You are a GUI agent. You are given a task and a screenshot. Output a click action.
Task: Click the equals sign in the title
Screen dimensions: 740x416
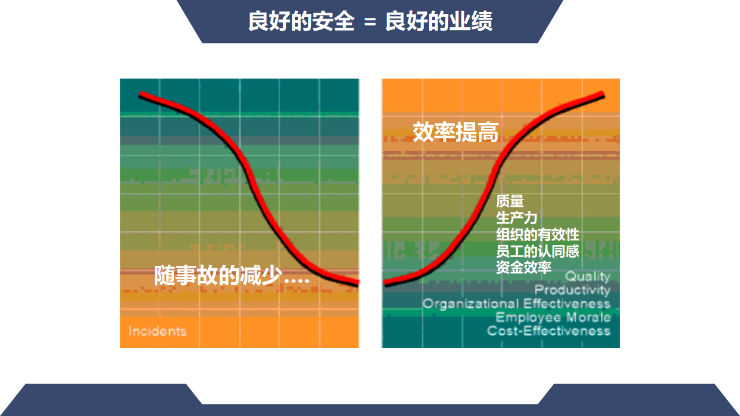(x=370, y=22)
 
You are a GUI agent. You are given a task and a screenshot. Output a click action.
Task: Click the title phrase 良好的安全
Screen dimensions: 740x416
(x=301, y=21)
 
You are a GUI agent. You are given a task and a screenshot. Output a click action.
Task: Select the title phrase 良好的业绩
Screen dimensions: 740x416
(x=439, y=21)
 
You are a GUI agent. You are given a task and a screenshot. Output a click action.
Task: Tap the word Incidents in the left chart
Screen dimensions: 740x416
(x=158, y=331)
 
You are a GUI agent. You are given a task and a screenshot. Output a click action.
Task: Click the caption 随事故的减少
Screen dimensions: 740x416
(x=219, y=276)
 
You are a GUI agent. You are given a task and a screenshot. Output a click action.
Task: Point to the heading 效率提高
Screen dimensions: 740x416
(x=456, y=132)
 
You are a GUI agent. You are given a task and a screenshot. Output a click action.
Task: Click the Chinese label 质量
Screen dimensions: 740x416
(x=510, y=201)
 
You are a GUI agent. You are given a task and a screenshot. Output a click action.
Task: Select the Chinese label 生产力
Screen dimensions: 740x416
(x=517, y=218)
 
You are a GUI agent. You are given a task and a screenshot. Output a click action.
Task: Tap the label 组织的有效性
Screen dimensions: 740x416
(x=538, y=235)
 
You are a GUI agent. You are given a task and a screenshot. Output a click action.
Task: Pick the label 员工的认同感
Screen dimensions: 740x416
(x=538, y=251)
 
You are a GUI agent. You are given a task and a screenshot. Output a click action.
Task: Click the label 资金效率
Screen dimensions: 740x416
(x=524, y=268)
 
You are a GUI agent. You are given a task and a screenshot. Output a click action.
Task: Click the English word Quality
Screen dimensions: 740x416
(x=588, y=277)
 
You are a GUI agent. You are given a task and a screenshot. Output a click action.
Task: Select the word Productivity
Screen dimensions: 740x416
(x=572, y=290)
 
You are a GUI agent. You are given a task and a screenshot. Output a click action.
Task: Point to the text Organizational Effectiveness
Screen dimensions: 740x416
(x=516, y=303)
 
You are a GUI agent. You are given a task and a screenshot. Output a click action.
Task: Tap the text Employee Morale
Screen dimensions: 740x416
(x=553, y=317)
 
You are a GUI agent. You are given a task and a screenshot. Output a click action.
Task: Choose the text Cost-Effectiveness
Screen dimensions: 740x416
(x=549, y=331)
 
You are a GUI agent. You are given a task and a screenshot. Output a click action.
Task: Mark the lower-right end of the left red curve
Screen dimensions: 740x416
(x=358, y=283)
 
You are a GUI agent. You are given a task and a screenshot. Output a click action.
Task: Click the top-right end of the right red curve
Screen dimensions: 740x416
(x=603, y=95)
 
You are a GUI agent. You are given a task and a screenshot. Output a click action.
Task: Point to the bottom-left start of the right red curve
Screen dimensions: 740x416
(x=385, y=283)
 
